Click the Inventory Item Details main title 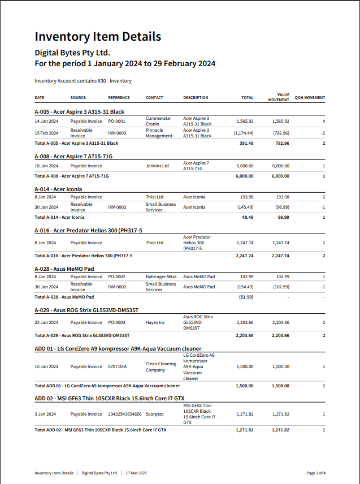point(98,37)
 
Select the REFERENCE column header point(119,98)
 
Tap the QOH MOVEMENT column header point(310,98)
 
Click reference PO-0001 point(116,121)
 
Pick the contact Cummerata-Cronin point(158,121)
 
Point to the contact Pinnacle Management point(159,133)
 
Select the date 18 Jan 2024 point(46,166)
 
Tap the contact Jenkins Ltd point(157,166)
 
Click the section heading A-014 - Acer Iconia point(58,189)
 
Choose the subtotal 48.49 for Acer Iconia point(247,217)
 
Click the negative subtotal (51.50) point(246,297)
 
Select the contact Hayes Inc point(155,322)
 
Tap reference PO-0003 point(116,322)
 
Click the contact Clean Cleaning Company point(161,367)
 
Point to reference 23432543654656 point(125,414)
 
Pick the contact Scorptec point(155,414)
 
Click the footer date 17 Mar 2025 point(136,473)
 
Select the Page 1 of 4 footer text point(316,473)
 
